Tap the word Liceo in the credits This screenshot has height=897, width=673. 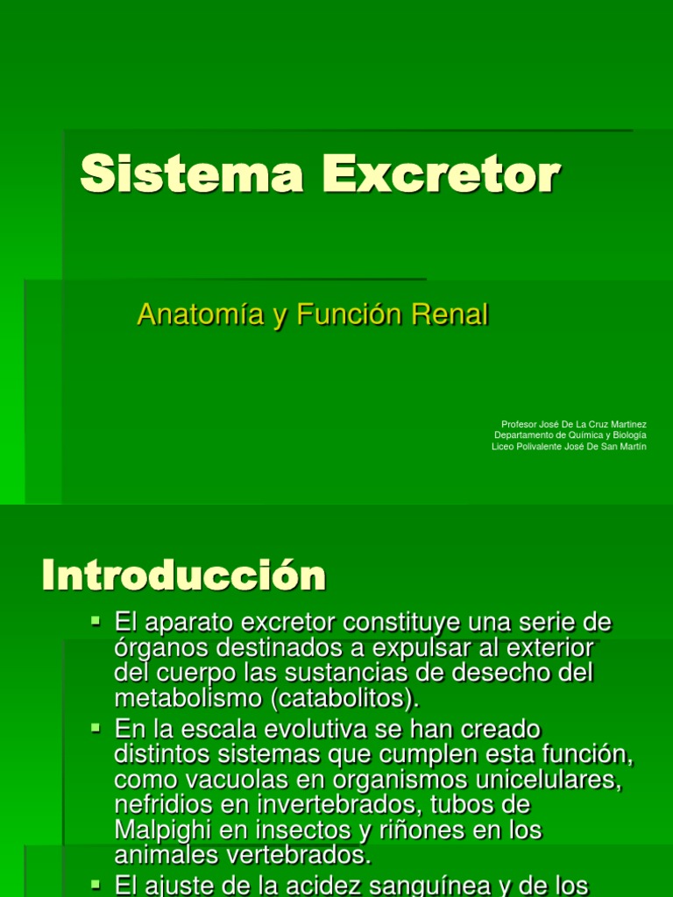pyautogui.click(x=502, y=447)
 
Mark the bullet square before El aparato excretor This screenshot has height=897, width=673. pyautogui.click(x=97, y=622)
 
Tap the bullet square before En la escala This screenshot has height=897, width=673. pyautogui.click(x=97, y=727)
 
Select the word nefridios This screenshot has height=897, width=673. pyautogui.click(x=161, y=804)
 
